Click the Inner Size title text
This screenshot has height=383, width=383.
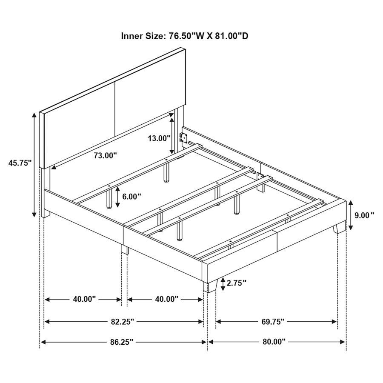click(185, 36)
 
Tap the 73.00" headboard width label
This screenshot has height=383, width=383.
click(105, 156)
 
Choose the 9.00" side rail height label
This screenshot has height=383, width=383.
click(364, 215)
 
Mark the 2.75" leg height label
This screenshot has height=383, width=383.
click(237, 283)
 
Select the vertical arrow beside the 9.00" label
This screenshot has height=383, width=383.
click(350, 215)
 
